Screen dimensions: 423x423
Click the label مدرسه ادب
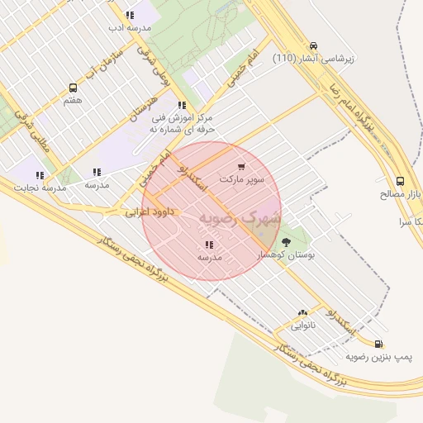pos(131,27)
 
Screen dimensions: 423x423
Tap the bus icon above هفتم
pos(73,88)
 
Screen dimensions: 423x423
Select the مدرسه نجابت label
pos(39,188)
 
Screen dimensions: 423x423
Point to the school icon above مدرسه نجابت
pos(39,175)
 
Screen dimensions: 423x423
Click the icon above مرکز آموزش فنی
pos(182,105)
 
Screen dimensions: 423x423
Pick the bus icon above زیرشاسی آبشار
pos(312,46)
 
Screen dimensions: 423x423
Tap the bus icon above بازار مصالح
pos(401,181)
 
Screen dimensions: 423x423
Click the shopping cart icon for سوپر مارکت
pos(241,166)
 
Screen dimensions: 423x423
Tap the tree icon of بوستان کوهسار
pos(287,242)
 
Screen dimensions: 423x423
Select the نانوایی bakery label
pos(302,326)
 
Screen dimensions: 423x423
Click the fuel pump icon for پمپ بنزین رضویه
pos(378,344)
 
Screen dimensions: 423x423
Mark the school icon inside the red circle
pos(209,245)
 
